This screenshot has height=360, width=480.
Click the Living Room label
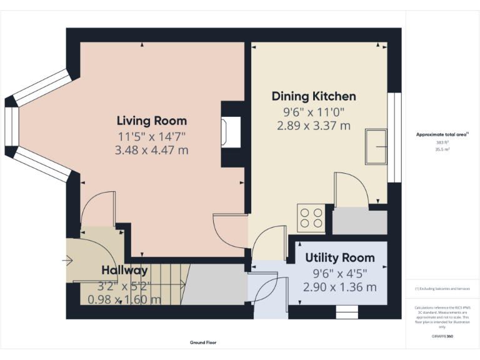point(152,121)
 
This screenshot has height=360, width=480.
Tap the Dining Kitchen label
point(314,96)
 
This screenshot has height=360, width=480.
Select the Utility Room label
point(340,257)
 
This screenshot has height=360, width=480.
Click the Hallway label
point(125,270)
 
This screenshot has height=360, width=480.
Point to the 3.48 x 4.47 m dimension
point(152,150)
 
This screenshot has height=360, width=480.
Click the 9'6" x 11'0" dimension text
point(314,112)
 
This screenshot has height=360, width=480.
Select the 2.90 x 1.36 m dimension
point(340,287)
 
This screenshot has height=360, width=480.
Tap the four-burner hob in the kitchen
point(311,217)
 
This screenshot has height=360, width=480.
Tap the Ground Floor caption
point(203,342)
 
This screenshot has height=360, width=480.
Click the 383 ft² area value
point(442,142)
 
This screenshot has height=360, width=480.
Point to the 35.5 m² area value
point(442,150)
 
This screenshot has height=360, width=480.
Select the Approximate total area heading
point(442,134)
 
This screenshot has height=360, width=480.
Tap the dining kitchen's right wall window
point(394,137)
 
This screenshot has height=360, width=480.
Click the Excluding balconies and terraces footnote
point(442,289)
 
